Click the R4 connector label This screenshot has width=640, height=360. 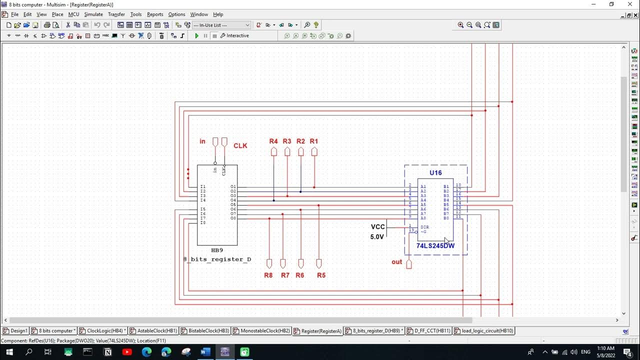tap(273, 141)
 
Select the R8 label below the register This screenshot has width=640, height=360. tap(268, 275)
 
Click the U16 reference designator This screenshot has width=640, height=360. tap(435, 173)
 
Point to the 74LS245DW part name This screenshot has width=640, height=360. tap(435, 246)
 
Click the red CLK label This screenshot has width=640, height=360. tap(240, 146)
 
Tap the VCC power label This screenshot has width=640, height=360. tap(378, 227)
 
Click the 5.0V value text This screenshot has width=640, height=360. tap(377, 237)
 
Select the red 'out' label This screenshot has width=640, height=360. tap(397, 262)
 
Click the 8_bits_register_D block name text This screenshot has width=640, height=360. tap(217, 259)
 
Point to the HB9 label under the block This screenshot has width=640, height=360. tap(217, 250)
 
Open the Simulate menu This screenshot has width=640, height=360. tap(93, 14)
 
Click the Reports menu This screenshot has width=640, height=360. tap(155, 14)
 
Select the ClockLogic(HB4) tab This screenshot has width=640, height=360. tap(104, 331)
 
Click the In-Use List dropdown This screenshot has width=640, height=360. tap(221, 25)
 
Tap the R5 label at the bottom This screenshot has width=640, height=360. tap(321, 275)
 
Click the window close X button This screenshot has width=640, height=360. tap(630, 4)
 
